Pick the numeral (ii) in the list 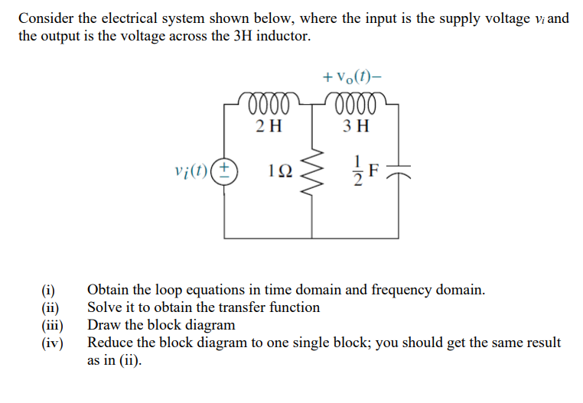pos(50,307)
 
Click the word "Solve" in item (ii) pos(106,307)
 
